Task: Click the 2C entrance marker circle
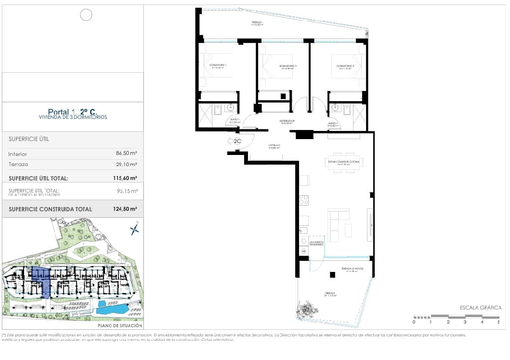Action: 237,141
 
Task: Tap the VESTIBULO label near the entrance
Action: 275,145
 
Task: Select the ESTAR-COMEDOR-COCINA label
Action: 344,162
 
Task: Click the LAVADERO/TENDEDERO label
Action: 316,244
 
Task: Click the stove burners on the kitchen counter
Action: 303,199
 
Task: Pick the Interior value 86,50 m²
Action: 127,154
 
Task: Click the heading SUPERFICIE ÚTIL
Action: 29,139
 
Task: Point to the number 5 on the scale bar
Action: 498,321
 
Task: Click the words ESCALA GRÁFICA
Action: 481,308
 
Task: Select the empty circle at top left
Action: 86,15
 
